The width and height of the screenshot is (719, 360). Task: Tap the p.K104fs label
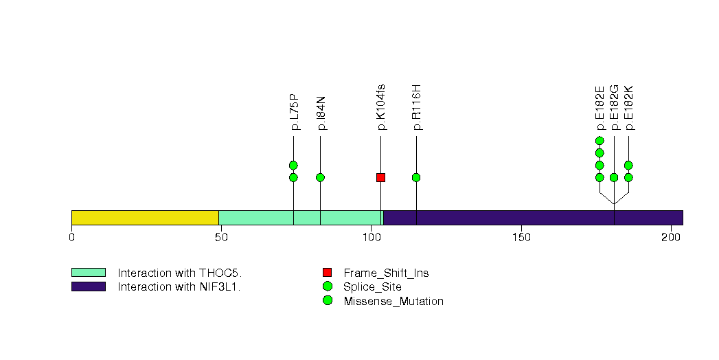point(380,107)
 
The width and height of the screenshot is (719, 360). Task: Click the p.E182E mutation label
point(600,108)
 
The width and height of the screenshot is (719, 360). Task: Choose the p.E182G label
point(615,108)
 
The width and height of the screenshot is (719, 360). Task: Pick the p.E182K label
point(629,108)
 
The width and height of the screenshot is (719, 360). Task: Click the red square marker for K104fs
point(380,177)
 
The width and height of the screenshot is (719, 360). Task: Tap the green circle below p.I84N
point(321,177)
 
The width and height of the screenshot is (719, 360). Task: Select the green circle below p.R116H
point(416,177)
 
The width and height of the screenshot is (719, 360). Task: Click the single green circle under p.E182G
point(614,177)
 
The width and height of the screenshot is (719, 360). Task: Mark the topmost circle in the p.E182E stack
point(600,140)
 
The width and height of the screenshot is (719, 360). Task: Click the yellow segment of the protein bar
point(146,218)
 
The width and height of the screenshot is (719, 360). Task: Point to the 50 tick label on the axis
point(222,238)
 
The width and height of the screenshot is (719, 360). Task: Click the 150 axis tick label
point(521,238)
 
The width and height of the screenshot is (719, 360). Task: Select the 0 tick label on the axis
point(72,238)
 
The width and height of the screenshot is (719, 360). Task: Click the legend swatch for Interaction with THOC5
point(89,273)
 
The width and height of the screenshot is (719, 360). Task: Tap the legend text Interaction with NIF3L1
point(179,287)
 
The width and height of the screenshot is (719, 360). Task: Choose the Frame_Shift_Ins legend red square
point(327,273)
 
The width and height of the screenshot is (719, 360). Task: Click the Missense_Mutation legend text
point(393,302)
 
